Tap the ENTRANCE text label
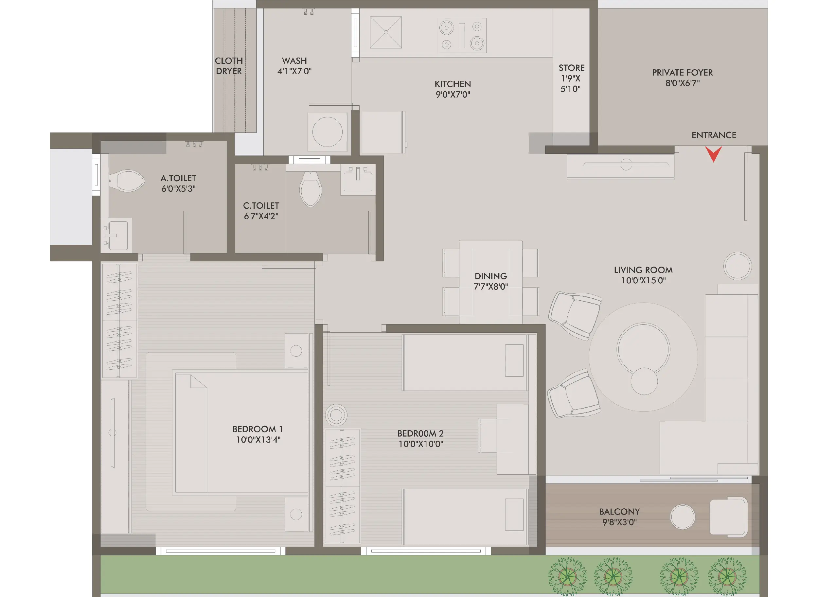(714, 135)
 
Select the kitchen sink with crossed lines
(386, 32)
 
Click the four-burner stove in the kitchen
(462, 36)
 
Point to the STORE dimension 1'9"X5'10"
(570, 83)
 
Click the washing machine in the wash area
(327, 132)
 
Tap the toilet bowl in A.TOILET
(127, 181)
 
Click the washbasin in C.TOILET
(358, 180)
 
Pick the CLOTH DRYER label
(229, 66)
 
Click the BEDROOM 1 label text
(258, 429)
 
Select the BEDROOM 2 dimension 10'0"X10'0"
(421, 444)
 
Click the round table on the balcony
(682, 517)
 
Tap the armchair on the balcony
(728, 517)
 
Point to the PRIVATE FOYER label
(682, 72)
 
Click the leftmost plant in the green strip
(566, 576)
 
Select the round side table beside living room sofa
(737, 266)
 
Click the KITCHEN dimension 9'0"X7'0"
(453, 95)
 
